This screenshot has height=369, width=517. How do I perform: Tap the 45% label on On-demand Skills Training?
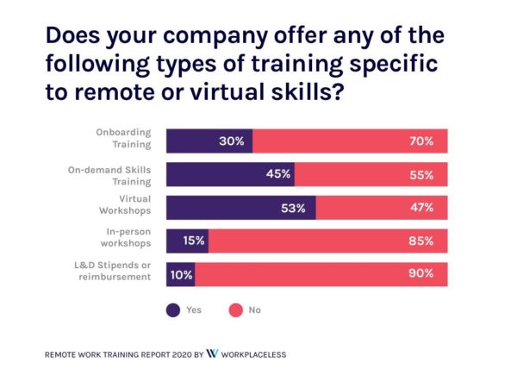[278, 174]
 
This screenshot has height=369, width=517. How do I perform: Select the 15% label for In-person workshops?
[193, 241]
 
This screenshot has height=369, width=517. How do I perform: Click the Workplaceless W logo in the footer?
[212, 353]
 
